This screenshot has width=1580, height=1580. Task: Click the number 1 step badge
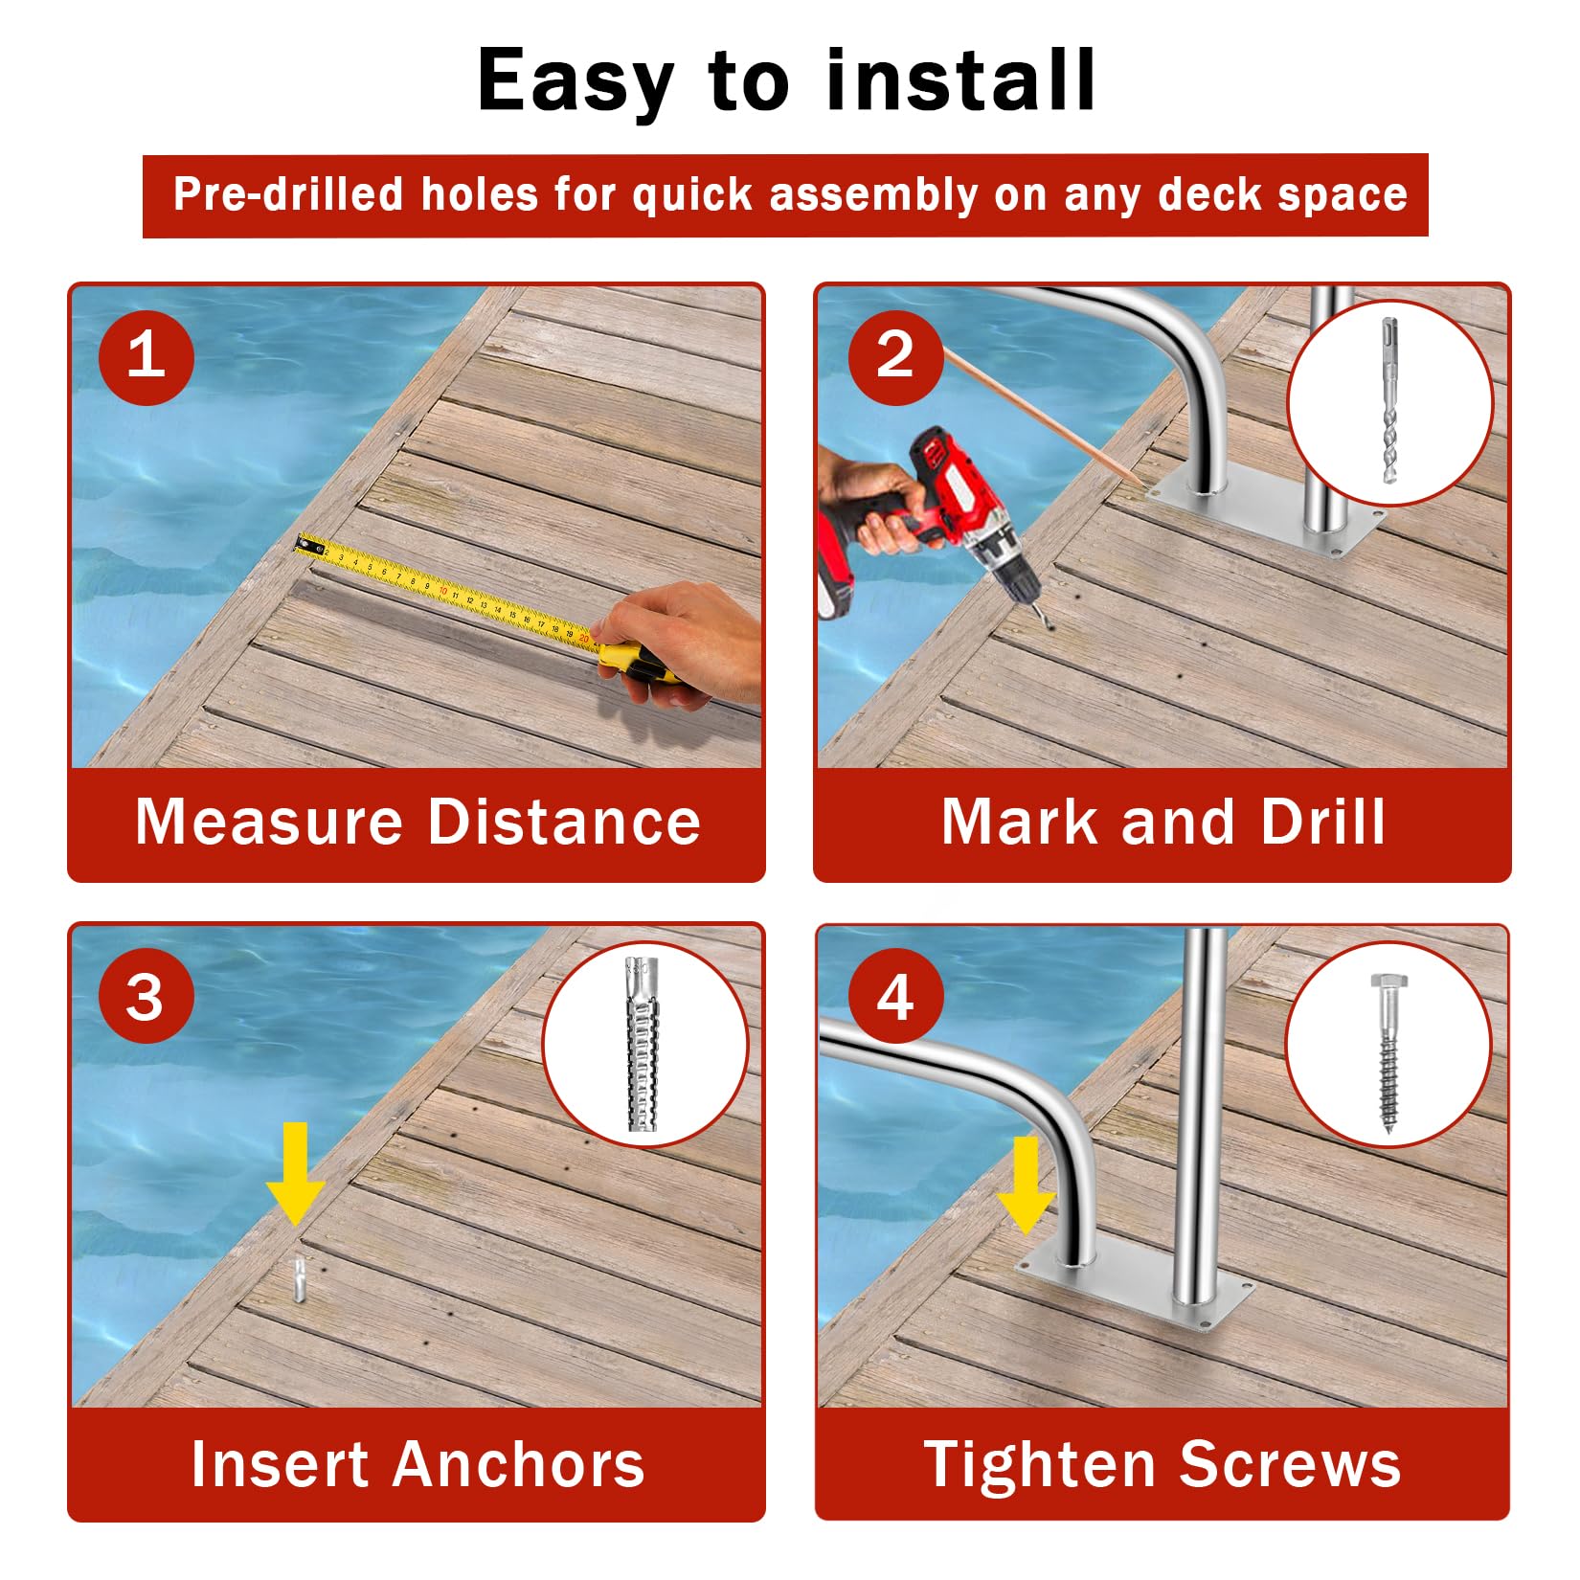coord(147,356)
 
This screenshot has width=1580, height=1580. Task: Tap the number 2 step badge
coord(895,356)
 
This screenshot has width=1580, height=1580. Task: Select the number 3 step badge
coord(147,997)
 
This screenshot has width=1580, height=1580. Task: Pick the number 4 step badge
coord(895,997)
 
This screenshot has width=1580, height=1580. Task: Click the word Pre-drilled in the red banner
coord(288,194)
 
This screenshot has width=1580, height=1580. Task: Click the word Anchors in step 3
coord(521,1464)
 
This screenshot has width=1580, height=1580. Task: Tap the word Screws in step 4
coord(1290,1464)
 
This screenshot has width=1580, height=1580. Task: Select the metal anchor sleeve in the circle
coord(643,1044)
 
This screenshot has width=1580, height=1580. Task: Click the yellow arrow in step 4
coord(1026,1185)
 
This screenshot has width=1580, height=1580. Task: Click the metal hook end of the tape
coord(309,545)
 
